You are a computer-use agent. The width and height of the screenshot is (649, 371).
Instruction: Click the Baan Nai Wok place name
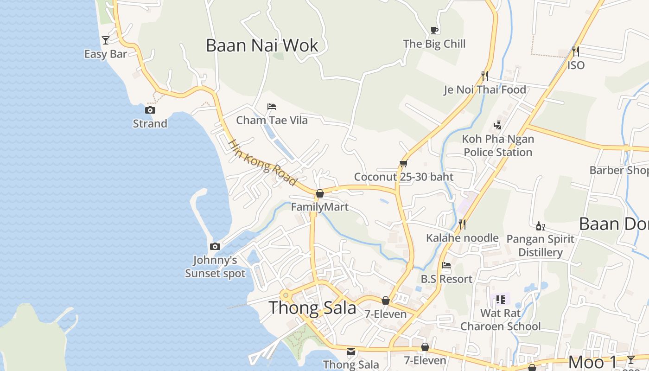coord(262,45)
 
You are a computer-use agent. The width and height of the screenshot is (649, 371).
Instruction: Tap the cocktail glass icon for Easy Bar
coord(106,40)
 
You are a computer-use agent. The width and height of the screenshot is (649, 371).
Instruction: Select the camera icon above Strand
coord(150,110)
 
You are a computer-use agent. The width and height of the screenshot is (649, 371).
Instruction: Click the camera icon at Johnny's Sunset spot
coord(215,246)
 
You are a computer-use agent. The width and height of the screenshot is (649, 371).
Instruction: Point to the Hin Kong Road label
coord(262,163)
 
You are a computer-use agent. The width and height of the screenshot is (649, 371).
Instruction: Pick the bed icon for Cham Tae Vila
coord(272,107)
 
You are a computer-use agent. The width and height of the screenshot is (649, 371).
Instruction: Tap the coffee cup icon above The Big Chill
coord(434,30)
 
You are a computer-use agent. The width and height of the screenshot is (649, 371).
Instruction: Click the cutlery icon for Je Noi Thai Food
coord(485,75)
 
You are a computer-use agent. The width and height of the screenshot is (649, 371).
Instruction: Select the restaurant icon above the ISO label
coord(576,51)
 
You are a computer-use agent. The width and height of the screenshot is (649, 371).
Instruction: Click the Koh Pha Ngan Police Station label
coord(498,146)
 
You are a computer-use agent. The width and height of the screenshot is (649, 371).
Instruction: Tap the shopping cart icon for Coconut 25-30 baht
coord(403,163)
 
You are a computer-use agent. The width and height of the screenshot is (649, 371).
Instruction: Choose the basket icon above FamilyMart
coord(319,193)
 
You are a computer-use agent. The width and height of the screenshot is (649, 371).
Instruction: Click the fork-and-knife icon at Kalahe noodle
coord(462,224)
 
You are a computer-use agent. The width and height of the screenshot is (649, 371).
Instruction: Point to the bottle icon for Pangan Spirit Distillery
coord(540,226)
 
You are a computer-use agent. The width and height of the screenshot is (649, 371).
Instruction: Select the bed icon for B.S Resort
coord(446,265)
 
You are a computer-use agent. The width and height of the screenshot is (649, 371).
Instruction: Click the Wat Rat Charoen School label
coord(500,320)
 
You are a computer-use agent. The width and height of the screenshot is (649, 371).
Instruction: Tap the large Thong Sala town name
coord(312,307)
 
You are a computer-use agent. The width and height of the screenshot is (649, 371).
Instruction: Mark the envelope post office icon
coord(351,351)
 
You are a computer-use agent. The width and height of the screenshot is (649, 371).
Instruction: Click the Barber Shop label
coord(618,170)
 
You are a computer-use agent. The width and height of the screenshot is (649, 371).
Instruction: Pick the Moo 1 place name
coord(592,362)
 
